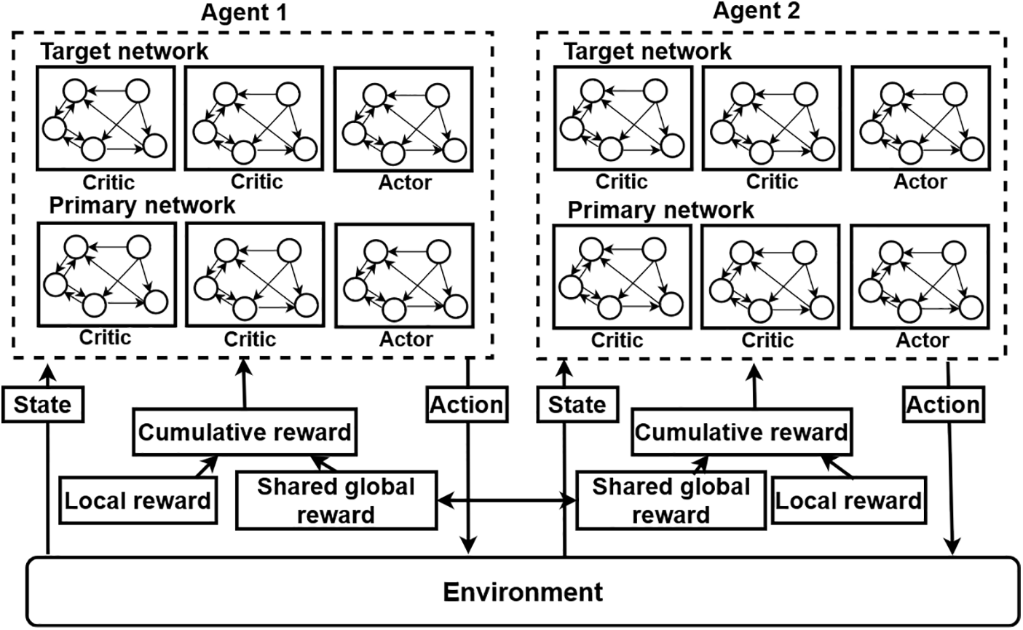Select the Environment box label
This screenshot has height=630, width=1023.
(523, 591)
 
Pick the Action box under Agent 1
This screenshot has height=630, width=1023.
(467, 403)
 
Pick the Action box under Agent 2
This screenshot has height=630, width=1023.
(944, 403)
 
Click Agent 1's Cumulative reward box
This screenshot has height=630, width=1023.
(245, 432)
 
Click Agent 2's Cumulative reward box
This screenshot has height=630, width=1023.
(741, 432)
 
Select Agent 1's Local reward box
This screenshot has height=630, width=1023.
(138, 500)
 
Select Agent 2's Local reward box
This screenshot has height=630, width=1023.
(848, 500)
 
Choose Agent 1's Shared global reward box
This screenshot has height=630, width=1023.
(336, 500)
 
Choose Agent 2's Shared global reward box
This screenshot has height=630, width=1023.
(671, 500)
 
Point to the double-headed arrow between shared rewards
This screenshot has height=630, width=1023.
(506, 500)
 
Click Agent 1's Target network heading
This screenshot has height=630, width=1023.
(124, 52)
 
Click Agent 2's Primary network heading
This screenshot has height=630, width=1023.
(661, 210)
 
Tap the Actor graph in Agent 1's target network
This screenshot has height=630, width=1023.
(405, 119)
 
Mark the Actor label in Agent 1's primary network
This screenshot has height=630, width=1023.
(406, 339)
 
